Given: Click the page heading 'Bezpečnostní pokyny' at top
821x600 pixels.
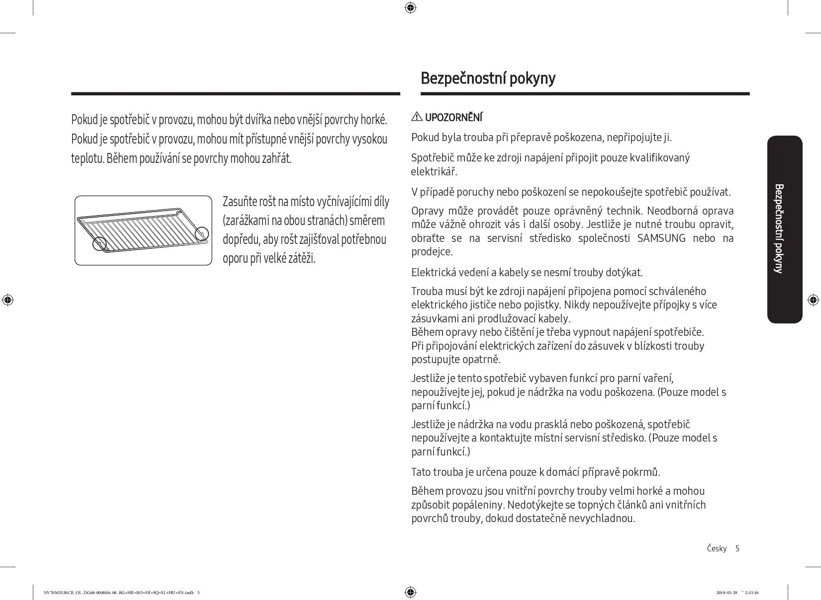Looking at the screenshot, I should [x=488, y=78].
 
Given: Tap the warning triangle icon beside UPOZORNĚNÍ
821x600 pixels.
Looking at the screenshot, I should [x=417, y=117].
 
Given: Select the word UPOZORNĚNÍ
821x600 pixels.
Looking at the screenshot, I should [x=454, y=118].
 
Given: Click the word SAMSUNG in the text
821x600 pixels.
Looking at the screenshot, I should [x=661, y=238].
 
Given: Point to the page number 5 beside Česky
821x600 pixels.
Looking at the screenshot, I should [x=737, y=548].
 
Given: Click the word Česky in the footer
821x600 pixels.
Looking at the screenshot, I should [x=716, y=548].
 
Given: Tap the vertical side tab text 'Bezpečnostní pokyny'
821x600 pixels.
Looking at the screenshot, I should [x=779, y=228].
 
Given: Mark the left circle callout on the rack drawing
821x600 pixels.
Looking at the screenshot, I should [x=100, y=243].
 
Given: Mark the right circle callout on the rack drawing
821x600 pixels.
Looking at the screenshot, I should [x=201, y=233].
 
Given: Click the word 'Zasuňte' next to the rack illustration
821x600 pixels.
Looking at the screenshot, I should [x=240, y=202].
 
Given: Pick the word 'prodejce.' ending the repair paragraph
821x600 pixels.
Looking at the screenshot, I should [x=432, y=252].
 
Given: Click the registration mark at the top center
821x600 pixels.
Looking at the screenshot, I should [x=410, y=7].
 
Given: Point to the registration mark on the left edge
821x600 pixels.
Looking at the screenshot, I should [x=7, y=300].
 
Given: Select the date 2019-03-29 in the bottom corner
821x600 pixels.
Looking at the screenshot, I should [x=727, y=592].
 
